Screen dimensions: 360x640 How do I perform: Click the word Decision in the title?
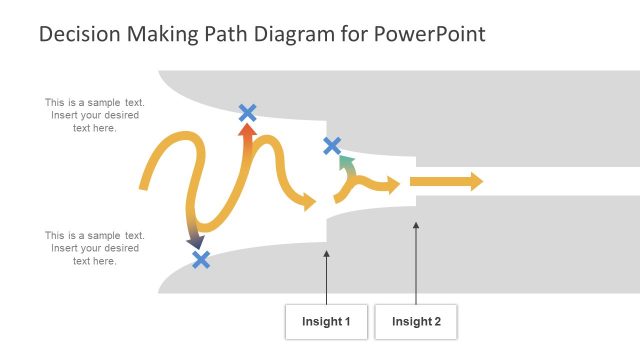[x=78, y=34]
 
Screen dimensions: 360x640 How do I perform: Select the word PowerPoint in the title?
[x=433, y=34]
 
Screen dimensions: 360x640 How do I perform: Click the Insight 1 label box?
[x=326, y=322]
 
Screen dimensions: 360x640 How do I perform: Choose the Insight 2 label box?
[x=416, y=322]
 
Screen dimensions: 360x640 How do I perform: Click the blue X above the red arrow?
[x=247, y=113]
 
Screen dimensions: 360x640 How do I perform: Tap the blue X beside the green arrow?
[x=332, y=146]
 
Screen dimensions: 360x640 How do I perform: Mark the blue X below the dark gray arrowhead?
[x=201, y=260]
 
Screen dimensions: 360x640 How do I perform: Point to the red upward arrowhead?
[x=247, y=130]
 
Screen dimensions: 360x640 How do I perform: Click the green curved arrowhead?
[x=345, y=161]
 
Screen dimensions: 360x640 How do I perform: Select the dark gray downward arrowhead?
[x=195, y=241]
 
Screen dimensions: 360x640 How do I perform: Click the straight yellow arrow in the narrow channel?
[x=446, y=181]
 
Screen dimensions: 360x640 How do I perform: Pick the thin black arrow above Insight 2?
[x=416, y=260]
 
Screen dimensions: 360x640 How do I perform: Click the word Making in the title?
[x=162, y=34]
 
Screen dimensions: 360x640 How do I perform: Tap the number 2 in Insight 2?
[x=437, y=322]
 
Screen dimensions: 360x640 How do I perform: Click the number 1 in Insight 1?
[x=347, y=322]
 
